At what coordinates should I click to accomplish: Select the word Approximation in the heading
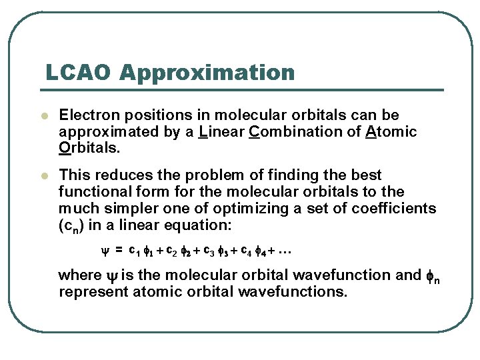tap(207, 73)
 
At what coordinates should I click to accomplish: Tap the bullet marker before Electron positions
tap(44, 116)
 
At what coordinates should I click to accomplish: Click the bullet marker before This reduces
tap(44, 176)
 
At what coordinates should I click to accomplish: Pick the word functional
tap(93, 192)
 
